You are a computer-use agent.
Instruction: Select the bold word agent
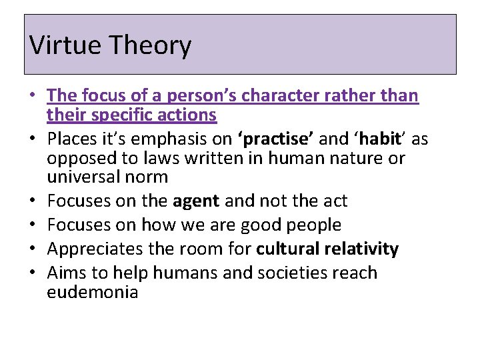pyautogui.click(x=196, y=201)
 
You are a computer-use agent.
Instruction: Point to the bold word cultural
pyautogui.click(x=287, y=249)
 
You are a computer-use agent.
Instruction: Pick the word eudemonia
pyautogui.click(x=93, y=292)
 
